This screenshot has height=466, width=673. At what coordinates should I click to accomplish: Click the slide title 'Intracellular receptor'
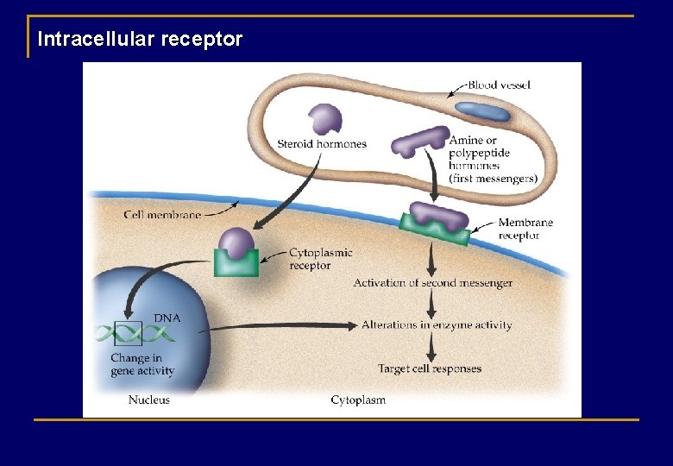click(x=140, y=40)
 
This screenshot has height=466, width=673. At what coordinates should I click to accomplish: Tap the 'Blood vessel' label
click(x=499, y=85)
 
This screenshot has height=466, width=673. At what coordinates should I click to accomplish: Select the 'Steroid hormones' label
click(x=322, y=144)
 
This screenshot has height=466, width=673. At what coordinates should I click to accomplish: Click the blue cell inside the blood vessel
click(x=482, y=110)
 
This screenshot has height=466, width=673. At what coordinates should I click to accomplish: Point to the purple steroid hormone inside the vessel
click(x=325, y=118)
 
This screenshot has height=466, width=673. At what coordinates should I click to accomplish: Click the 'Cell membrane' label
click(x=162, y=215)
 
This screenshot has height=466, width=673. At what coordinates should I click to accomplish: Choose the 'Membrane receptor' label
click(x=525, y=229)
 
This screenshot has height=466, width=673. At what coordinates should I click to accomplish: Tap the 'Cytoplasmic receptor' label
click(x=320, y=259)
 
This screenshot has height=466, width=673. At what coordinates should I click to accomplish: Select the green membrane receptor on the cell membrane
click(x=435, y=230)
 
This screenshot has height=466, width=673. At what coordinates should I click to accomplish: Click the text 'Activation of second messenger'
click(x=432, y=283)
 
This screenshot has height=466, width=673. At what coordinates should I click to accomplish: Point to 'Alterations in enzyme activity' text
click(x=436, y=325)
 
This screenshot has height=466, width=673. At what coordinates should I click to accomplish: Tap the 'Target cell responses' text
click(x=430, y=368)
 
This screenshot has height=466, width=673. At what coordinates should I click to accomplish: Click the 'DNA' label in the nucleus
click(x=167, y=318)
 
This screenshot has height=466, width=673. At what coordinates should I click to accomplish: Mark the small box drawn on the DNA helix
click(x=129, y=332)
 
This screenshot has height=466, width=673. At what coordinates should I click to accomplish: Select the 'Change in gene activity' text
click(x=142, y=364)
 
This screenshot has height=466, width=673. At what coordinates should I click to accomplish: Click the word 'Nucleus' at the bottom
click(x=149, y=400)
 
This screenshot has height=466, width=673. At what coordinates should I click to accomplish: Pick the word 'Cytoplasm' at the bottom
click(x=358, y=400)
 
